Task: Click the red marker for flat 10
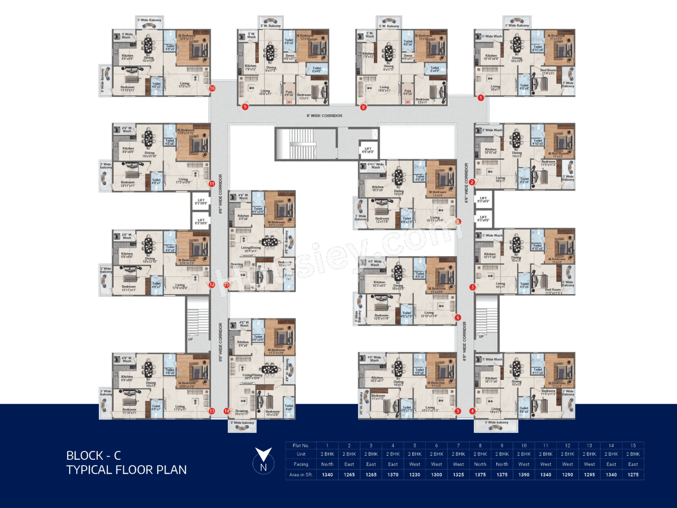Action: click(212, 88)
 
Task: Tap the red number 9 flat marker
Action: click(245, 107)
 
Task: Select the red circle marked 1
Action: click(481, 97)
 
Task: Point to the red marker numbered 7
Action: click(458, 222)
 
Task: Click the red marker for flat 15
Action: click(226, 285)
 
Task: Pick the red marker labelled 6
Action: click(458, 317)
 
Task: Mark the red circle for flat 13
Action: click(212, 411)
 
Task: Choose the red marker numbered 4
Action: click(472, 411)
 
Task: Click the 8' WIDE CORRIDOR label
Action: click(324, 115)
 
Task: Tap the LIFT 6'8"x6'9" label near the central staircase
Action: click(368, 150)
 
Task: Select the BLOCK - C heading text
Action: click(94, 456)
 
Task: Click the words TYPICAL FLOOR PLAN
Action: click(126, 470)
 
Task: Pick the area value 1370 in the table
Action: click(393, 475)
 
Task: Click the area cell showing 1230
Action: click(415, 475)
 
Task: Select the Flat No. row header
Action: click(301, 446)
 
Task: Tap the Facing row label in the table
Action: click(301, 464)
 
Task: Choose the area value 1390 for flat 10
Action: click(524, 475)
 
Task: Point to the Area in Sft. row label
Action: click(301, 475)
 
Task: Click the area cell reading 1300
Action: click(436, 475)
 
